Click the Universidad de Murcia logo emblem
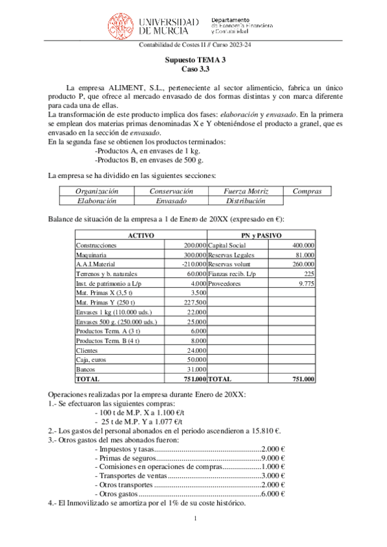121,24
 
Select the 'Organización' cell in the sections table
96,191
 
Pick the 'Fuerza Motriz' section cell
246,191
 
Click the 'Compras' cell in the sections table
311,191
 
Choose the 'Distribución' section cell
246,201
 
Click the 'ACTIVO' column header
140,235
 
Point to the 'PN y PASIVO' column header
262,235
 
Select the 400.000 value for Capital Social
303,245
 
